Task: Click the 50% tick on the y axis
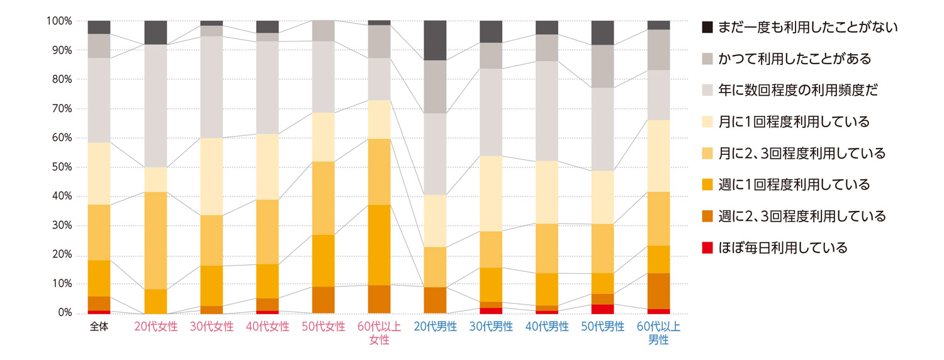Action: tap(61, 167)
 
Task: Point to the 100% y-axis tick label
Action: tap(59, 21)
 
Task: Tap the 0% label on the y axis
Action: tap(64, 313)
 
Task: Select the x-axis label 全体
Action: tap(99, 327)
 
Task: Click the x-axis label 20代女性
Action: tap(155, 327)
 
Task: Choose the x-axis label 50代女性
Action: tap(323, 327)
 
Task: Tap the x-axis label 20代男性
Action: tap(435, 327)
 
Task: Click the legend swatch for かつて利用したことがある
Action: tap(707, 59)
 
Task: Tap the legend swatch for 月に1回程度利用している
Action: tap(707, 121)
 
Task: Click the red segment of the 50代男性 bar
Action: tap(603, 308)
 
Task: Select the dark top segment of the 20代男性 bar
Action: tap(435, 40)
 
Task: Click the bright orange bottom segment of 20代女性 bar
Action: tap(155, 301)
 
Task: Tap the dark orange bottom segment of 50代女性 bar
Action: tap(323, 300)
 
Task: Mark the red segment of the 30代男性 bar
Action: tap(491, 310)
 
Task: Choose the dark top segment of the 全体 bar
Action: tap(99, 27)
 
